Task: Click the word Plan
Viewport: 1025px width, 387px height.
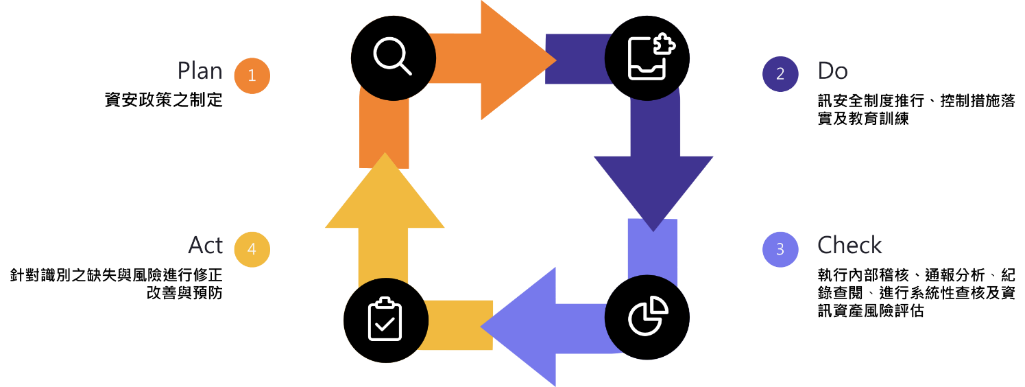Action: [x=200, y=71]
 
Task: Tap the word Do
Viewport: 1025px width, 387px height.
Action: [x=832, y=71]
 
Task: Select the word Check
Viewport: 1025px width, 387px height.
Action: [x=849, y=245]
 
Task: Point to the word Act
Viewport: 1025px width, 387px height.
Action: [x=206, y=245]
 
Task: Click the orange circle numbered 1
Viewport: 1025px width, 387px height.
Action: [x=252, y=75]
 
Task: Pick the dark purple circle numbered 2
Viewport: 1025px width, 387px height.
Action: [x=780, y=74]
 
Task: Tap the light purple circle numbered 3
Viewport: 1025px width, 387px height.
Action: [x=780, y=249]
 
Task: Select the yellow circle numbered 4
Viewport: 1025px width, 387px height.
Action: [x=252, y=249]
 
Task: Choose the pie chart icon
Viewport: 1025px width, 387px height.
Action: [x=648, y=316]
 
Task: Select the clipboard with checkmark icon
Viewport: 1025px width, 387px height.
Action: [x=385, y=320]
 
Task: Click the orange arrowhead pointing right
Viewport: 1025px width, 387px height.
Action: [x=514, y=60]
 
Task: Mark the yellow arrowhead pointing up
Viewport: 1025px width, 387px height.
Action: [x=385, y=196]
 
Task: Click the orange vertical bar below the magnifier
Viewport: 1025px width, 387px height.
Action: [x=385, y=130]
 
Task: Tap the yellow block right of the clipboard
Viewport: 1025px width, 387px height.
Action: [x=456, y=325]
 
